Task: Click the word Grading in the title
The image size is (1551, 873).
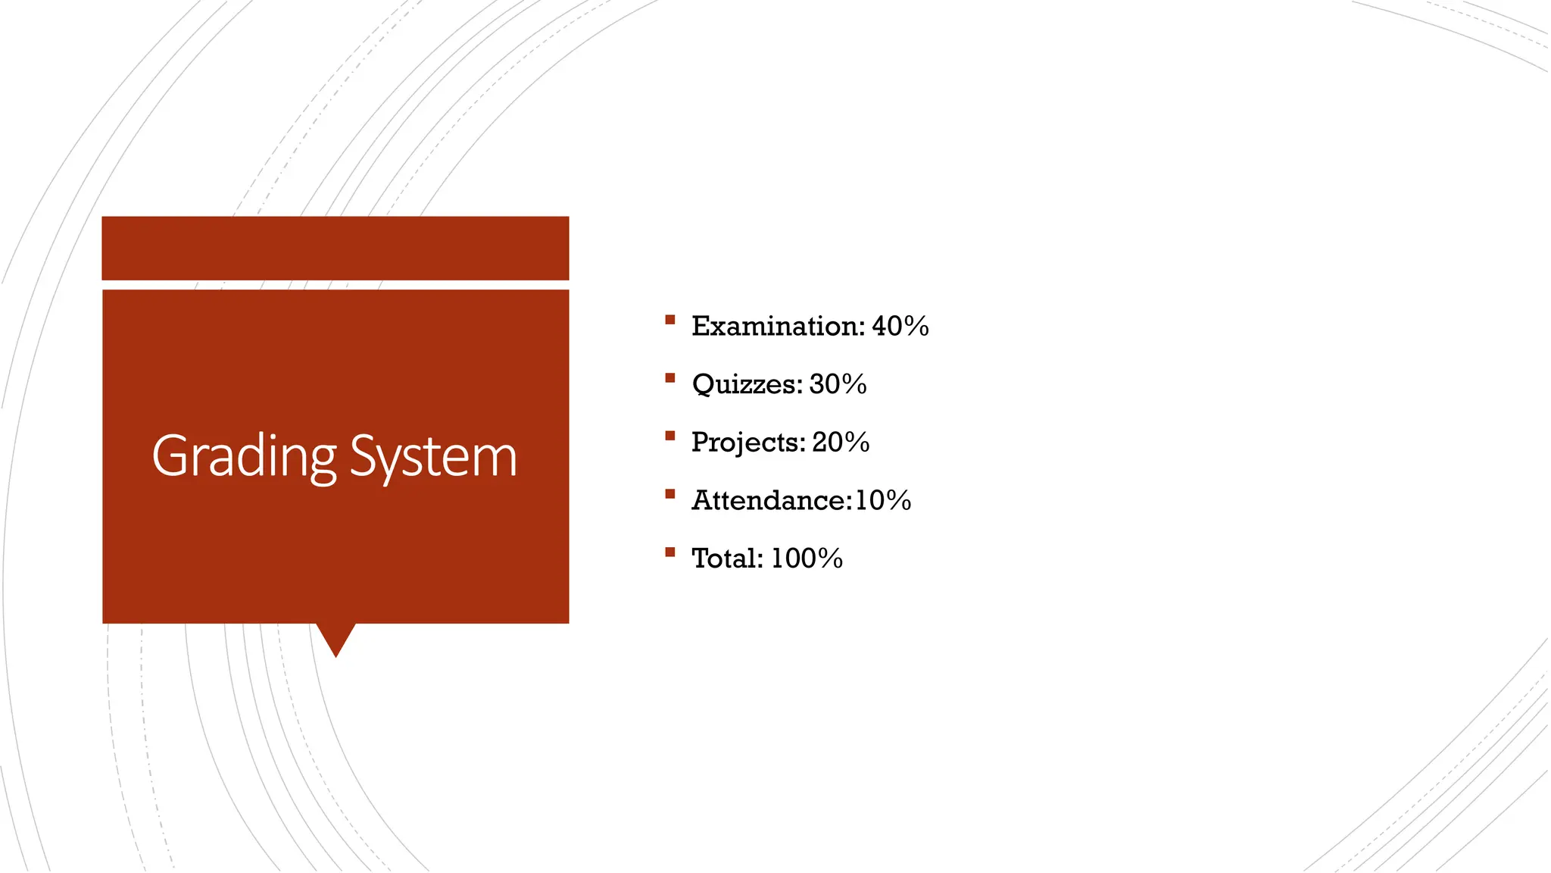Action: click(x=244, y=457)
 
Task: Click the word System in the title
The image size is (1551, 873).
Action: click(x=434, y=457)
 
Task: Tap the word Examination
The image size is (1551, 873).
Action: click(x=777, y=327)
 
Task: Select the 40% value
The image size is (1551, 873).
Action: click(x=900, y=327)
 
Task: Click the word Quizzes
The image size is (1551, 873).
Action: click(x=746, y=384)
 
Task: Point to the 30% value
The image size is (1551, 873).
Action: click(x=838, y=384)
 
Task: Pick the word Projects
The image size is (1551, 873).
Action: click(x=747, y=443)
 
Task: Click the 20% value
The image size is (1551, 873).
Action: click(x=841, y=443)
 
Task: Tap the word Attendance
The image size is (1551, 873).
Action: click(x=771, y=501)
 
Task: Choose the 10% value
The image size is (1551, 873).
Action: click(x=883, y=501)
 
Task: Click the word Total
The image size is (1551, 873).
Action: click(x=727, y=559)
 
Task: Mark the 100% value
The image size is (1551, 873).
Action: click(x=807, y=559)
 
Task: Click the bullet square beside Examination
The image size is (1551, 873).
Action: click(x=669, y=320)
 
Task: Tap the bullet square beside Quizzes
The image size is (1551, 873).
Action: click(x=669, y=377)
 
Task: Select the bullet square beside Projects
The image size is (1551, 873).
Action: click(x=669, y=436)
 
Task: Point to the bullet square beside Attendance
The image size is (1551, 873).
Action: click(x=669, y=494)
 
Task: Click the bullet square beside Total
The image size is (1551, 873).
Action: click(x=669, y=552)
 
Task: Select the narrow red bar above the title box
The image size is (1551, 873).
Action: click(x=335, y=248)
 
